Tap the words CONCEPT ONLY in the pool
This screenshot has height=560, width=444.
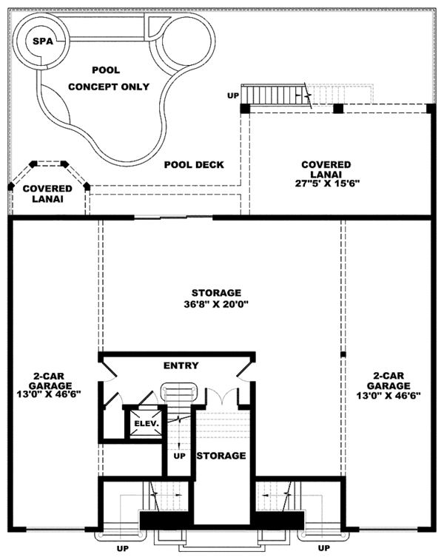coord(109,87)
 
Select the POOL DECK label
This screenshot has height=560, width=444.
coord(194,164)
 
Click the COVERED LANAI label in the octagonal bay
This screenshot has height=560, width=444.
coord(47,194)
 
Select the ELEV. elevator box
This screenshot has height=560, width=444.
coord(142,424)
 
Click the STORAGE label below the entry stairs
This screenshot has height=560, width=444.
coord(221,456)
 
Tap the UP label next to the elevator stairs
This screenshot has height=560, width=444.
coord(178,456)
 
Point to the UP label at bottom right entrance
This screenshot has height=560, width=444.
coord(323,548)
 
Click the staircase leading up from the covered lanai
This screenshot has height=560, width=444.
coord(277,95)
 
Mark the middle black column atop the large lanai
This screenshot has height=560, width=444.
coord(338,109)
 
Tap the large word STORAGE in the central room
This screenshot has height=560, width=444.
coord(215,292)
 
